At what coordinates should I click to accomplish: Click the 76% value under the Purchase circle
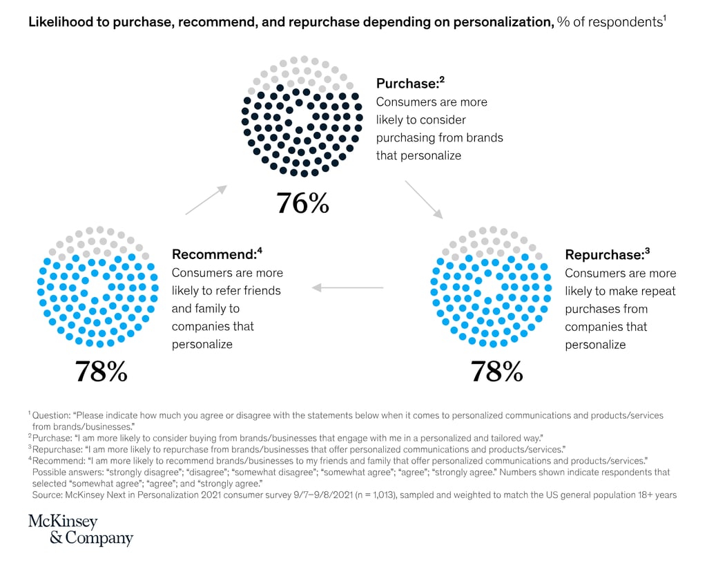click(x=302, y=202)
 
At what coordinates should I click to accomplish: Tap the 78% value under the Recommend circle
click(x=101, y=372)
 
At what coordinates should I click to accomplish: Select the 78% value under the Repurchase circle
click(x=496, y=372)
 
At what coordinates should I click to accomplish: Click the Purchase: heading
click(x=407, y=84)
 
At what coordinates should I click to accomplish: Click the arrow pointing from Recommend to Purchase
click(x=205, y=200)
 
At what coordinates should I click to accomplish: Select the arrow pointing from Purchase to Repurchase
click(x=424, y=199)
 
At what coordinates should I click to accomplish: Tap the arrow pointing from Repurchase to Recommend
click(x=349, y=286)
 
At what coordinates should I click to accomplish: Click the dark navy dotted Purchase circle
click(x=302, y=116)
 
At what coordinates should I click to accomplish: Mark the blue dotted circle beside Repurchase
click(x=491, y=286)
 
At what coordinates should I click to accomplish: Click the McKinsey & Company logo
click(x=80, y=530)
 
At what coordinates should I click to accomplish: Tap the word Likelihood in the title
click(x=57, y=22)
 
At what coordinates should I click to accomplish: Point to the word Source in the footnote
click(x=48, y=495)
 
